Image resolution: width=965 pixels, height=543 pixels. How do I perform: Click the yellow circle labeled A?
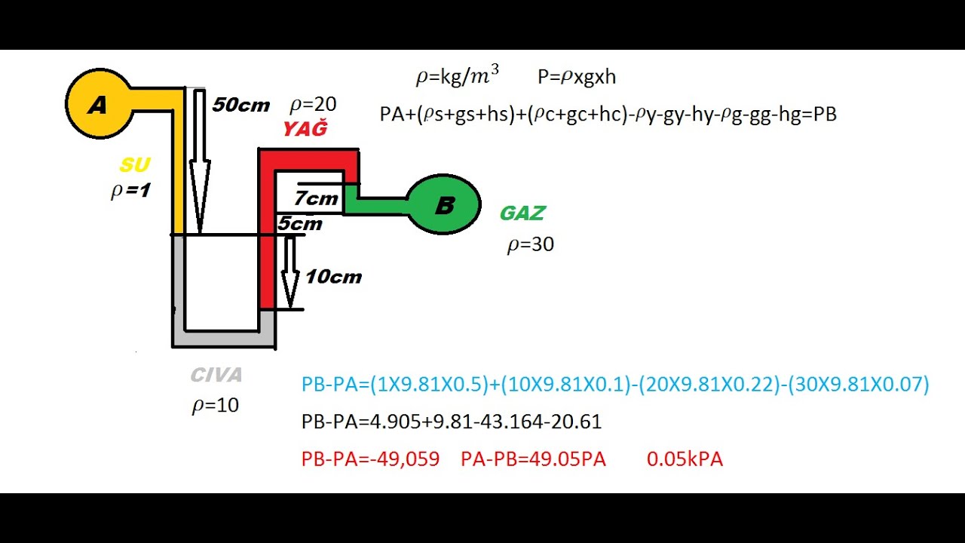point(99,105)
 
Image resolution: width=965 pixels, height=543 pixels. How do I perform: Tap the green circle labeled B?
point(444,204)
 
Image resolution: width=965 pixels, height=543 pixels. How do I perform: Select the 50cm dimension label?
point(240,105)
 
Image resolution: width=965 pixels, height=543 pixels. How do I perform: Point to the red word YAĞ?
point(305,130)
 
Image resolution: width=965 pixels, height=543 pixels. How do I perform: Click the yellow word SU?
point(135,165)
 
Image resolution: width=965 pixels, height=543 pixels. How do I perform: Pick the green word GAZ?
point(522,213)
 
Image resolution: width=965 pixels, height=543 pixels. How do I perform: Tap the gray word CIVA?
point(216,375)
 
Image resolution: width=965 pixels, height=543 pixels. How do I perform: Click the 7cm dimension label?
point(316,199)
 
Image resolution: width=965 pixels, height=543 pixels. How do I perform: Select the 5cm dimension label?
point(299,224)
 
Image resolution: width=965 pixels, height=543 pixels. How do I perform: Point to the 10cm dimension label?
point(333,277)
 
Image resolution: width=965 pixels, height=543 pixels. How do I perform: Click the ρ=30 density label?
point(531,244)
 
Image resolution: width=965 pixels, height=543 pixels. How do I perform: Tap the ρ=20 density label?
point(313,104)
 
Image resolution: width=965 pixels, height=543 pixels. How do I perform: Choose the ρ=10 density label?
point(216,406)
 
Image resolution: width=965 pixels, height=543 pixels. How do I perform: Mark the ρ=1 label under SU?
point(130,191)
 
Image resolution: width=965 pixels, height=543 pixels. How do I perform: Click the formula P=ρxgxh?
point(577,77)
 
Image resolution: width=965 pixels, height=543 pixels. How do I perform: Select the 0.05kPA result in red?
point(685,459)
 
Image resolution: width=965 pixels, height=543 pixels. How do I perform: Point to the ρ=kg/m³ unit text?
point(457,76)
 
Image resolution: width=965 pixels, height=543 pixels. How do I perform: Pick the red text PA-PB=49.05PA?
point(533,459)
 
